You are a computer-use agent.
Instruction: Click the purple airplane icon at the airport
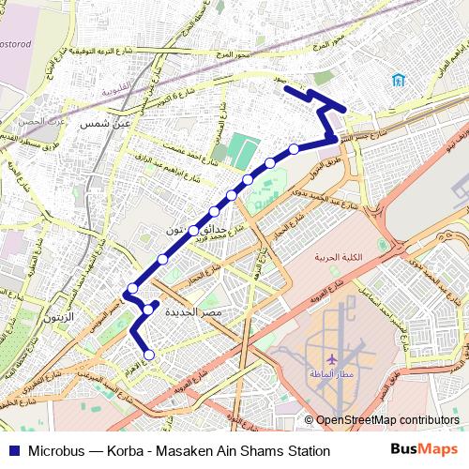pyautogui.click(x=332, y=358)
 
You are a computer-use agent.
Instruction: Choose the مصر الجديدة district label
pyautogui.click(x=193, y=310)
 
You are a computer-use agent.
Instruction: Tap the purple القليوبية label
pyautogui.click(x=116, y=89)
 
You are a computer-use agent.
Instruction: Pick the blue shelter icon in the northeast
pyautogui.click(x=400, y=79)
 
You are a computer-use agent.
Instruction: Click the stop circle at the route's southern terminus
pyautogui.click(x=148, y=355)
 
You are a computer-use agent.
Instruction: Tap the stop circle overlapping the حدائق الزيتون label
pyautogui.click(x=193, y=230)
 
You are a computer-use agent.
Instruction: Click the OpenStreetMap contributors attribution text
pyautogui.click(x=387, y=420)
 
